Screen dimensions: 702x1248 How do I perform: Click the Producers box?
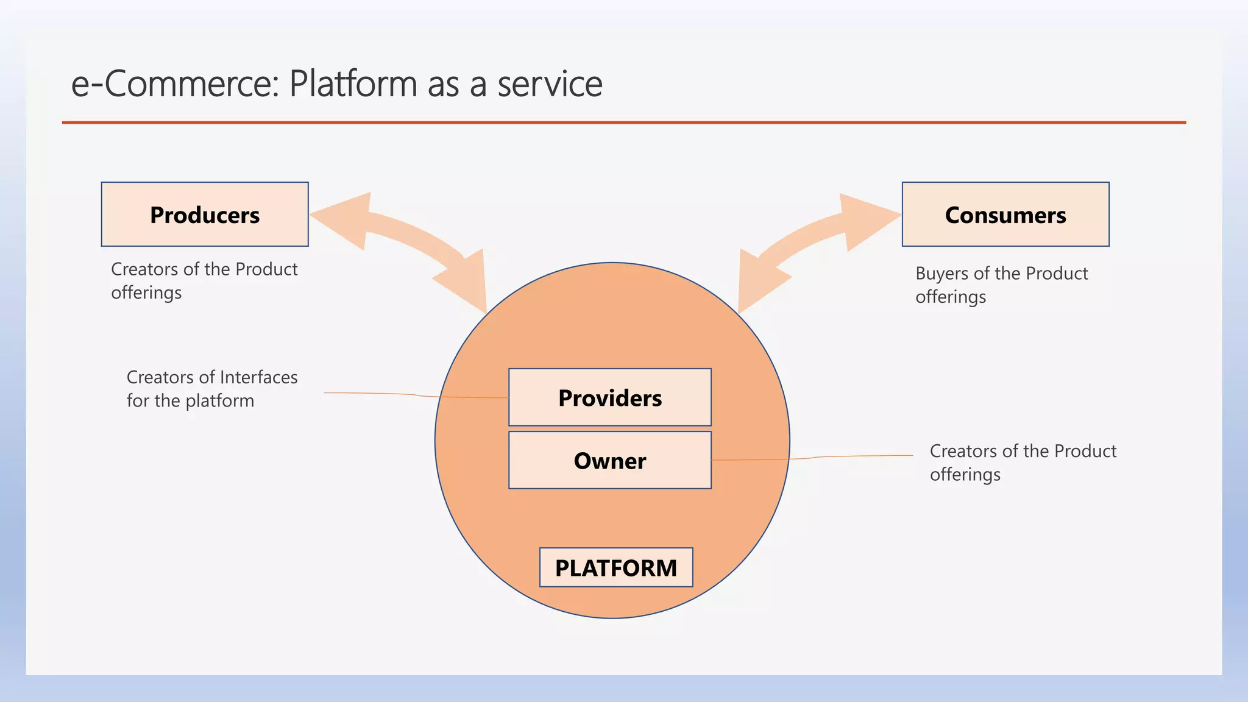(x=205, y=214)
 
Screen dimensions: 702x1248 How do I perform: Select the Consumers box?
(x=1005, y=214)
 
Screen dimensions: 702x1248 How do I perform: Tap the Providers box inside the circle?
(x=609, y=397)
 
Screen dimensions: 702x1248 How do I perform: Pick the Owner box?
(x=609, y=461)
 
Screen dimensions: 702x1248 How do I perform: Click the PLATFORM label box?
(x=615, y=567)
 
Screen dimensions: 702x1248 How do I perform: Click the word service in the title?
(x=550, y=83)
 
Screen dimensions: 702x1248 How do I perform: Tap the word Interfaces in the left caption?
(x=258, y=377)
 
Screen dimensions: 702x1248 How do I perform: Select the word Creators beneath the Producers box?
(x=144, y=269)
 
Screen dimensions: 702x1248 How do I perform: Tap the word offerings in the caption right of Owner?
(x=965, y=475)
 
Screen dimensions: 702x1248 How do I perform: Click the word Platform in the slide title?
(x=353, y=83)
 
